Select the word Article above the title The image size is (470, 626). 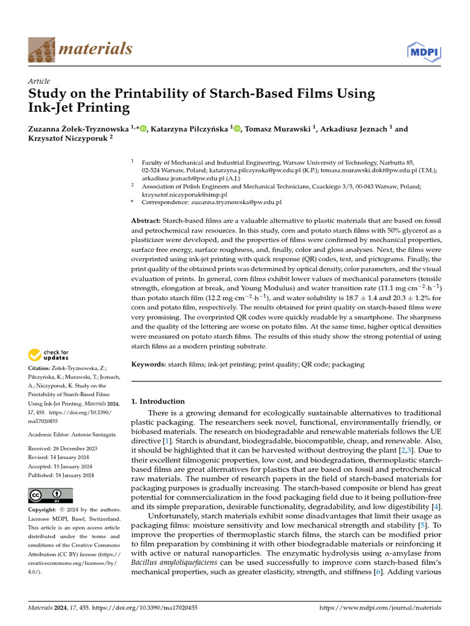(x=39, y=81)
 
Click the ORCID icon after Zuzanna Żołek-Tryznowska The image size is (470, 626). (x=144, y=128)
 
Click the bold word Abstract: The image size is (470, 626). (x=146, y=220)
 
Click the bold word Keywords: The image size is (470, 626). (x=149, y=364)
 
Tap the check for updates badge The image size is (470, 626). (x=48, y=354)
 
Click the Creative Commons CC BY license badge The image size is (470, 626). (x=50, y=495)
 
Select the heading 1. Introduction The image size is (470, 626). (x=158, y=402)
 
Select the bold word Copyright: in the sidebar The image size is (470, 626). (x=43, y=510)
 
